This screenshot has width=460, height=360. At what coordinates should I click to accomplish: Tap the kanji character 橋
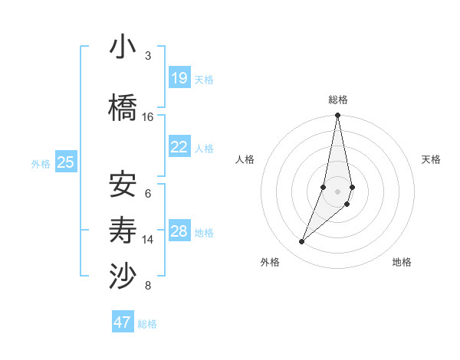123,107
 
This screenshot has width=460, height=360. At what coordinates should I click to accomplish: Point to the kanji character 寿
123,229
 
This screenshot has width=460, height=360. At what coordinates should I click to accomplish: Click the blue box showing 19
179,78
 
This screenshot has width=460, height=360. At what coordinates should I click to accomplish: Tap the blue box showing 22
179,147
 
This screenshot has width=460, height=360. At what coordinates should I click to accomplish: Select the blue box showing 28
179,231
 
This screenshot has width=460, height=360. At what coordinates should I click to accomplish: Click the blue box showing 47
123,322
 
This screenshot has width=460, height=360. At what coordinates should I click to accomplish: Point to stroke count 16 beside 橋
148,117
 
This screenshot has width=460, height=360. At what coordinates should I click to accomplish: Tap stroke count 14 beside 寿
148,240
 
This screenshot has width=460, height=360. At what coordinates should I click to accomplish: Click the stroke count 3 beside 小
147,56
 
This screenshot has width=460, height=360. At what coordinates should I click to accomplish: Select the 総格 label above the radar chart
338,100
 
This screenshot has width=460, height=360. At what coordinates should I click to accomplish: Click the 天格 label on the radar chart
431,159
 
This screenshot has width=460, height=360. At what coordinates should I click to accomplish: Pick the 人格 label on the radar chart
245,159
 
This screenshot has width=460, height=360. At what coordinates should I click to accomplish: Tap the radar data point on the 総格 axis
337,116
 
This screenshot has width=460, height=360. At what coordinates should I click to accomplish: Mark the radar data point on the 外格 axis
301,242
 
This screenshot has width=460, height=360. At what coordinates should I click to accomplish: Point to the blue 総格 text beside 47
147,324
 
